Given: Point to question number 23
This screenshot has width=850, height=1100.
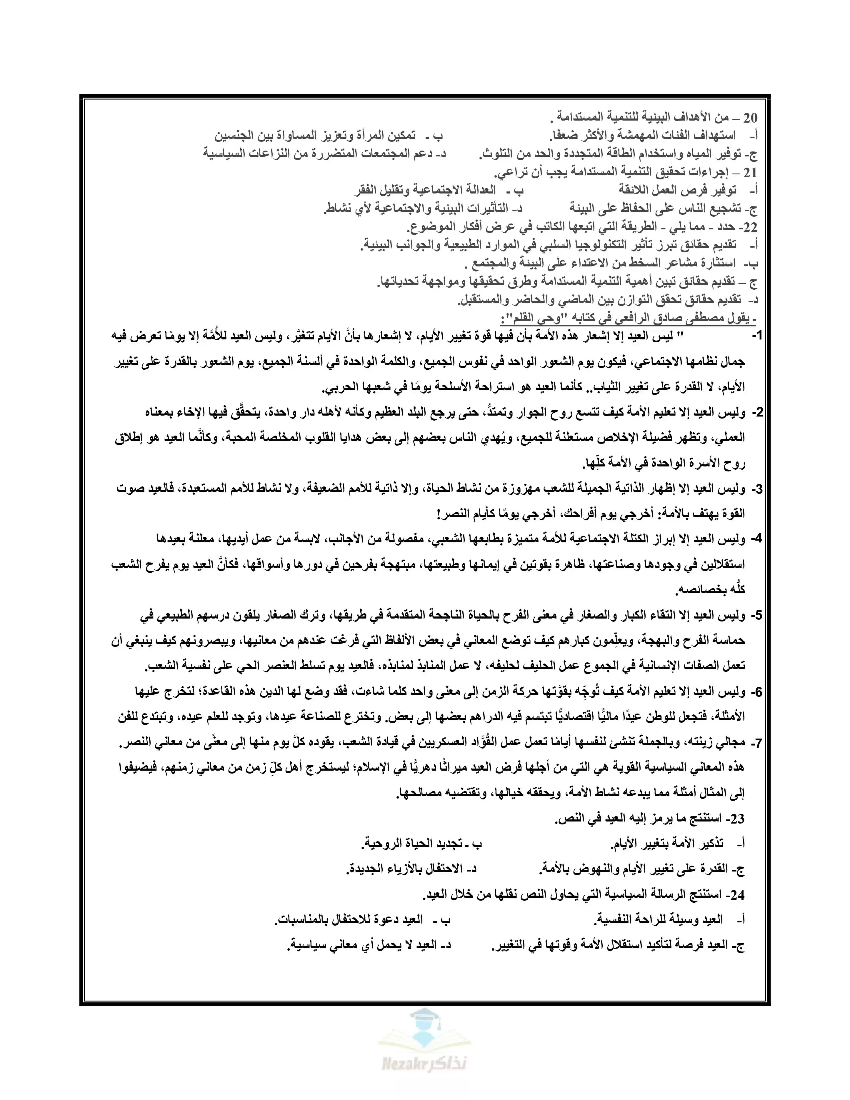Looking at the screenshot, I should (x=737, y=819).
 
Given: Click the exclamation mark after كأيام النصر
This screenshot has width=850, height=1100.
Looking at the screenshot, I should (x=439, y=514).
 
